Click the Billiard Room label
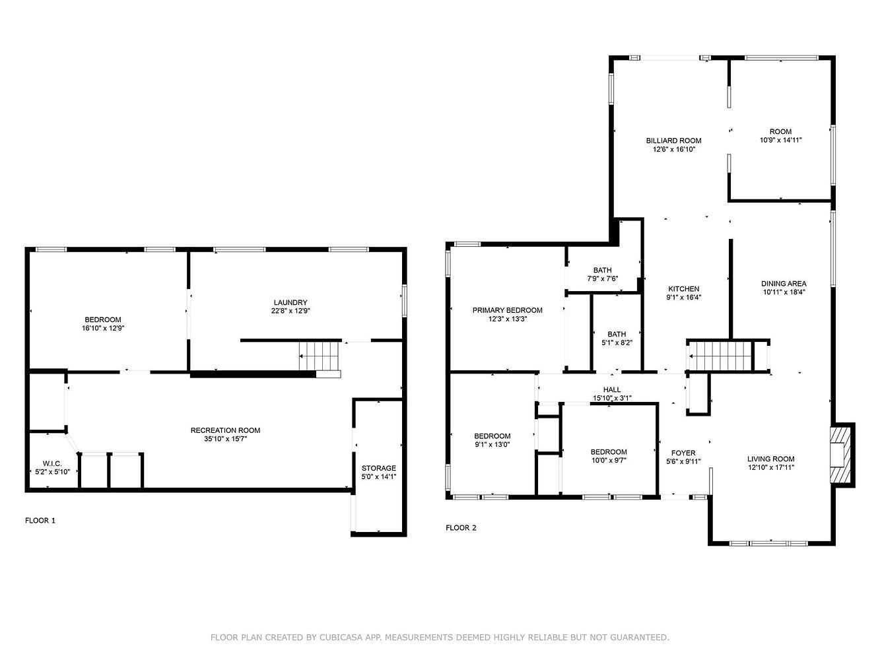673,141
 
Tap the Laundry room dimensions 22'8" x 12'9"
290,311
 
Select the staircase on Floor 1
320,356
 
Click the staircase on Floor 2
720,356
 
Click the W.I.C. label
52,463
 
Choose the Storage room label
378,468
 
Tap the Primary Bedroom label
507,310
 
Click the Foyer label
683,453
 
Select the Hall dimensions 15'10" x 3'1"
612,398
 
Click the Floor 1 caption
40,521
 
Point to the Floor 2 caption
461,528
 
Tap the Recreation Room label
225,430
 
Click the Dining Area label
784,284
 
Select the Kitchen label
683,289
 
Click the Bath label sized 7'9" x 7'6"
602,270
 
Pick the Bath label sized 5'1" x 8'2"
617,334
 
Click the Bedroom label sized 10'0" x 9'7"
609,452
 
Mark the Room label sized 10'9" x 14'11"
780,131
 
